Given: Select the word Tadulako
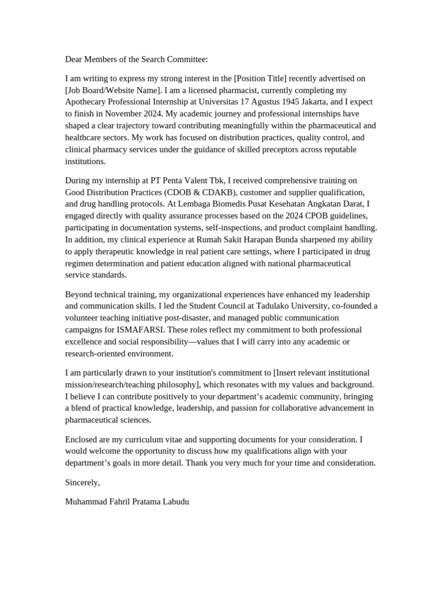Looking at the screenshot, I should [249, 306].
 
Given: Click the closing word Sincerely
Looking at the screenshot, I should [82, 482].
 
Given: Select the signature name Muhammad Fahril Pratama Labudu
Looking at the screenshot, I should [127, 502].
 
